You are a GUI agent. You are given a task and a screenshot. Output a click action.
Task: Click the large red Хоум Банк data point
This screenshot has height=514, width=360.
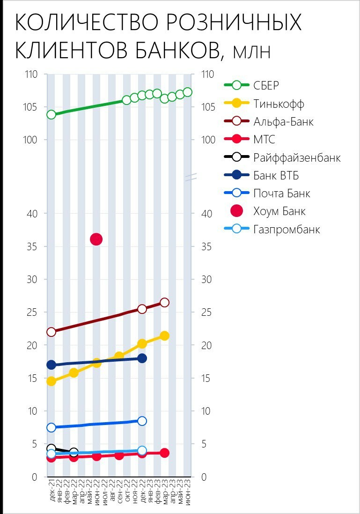[96, 239]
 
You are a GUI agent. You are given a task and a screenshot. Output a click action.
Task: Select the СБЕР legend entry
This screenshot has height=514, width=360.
[266, 85]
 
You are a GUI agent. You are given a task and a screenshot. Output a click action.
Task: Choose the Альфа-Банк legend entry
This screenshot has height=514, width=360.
[283, 122]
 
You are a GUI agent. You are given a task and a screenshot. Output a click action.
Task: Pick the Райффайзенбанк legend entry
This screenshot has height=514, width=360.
[297, 158]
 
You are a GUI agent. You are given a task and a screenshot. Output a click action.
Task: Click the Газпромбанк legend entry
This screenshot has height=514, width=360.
[287, 230]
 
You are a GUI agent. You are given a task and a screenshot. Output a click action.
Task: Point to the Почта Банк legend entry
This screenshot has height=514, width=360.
[281, 194]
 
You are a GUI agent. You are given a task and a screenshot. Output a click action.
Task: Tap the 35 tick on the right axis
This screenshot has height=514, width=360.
[206, 247]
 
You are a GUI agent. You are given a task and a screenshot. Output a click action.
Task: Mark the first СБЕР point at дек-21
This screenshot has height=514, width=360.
[51, 115]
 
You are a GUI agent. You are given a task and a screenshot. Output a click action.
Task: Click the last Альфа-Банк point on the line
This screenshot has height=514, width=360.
[164, 303]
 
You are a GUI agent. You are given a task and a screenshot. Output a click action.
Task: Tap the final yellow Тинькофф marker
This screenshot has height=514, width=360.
[164, 336]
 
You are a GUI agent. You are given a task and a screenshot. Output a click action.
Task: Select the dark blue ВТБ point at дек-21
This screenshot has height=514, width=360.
[51, 365]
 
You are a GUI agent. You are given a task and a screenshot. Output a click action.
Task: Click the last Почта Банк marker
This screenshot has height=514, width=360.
[142, 421]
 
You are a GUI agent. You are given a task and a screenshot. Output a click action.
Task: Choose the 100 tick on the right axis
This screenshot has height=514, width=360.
[207, 140]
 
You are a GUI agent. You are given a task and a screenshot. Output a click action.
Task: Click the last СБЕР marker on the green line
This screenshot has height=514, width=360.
[188, 92]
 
